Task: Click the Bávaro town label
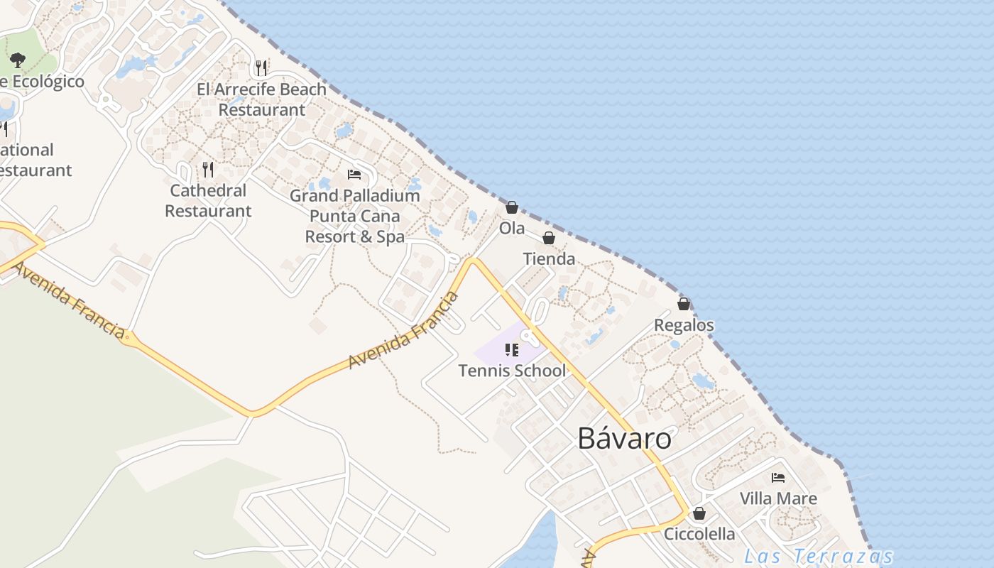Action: click(x=624, y=438)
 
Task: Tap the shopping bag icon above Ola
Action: click(x=511, y=207)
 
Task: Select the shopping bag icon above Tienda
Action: click(x=549, y=238)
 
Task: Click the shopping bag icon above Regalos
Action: click(x=684, y=304)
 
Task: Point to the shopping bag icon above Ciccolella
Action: click(x=699, y=513)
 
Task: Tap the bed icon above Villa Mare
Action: click(x=778, y=478)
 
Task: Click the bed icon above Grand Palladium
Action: click(x=354, y=175)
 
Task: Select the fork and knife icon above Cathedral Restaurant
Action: click(x=208, y=169)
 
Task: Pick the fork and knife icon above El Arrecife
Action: click(x=262, y=68)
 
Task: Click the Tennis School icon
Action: click(x=512, y=349)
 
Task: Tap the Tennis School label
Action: click(x=512, y=371)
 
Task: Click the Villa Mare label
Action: click(x=778, y=498)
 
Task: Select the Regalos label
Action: click(x=684, y=325)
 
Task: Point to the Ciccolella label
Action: click(x=699, y=534)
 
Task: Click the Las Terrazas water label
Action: click(x=818, y=556)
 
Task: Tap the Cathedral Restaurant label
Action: click(x=208, y=201)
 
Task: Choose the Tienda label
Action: click(x=549, y=259)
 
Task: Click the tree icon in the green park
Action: click(x=18, y=60)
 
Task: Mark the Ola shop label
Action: click(x=511, y=229)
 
